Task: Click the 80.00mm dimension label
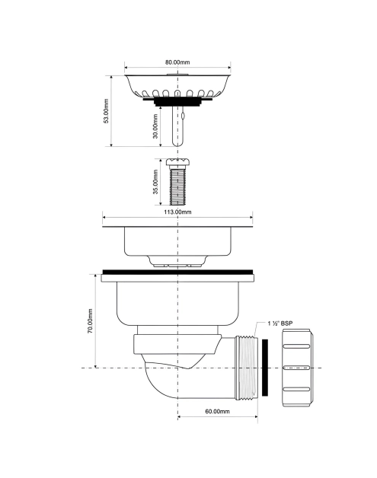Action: tap(177, 62)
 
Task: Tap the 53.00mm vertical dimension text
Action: tap(106, 110)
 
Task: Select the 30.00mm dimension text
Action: tap(155, 126)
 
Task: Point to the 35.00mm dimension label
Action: tap(155, 182)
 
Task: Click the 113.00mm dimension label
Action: tap(177, 212)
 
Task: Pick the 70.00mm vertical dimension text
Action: tap(91, 321)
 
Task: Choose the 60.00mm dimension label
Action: tap(218, 411)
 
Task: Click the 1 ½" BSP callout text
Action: tap(280, 323)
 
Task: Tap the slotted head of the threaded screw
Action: tap(177, 162)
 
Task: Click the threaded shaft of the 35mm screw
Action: tap(177, 186)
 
